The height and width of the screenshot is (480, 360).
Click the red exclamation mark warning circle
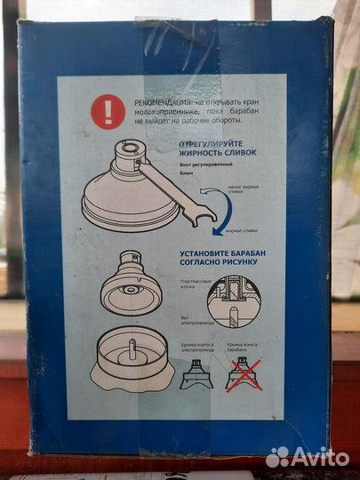click(x=108, y=112)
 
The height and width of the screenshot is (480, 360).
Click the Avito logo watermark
click(x=308, y=456)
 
